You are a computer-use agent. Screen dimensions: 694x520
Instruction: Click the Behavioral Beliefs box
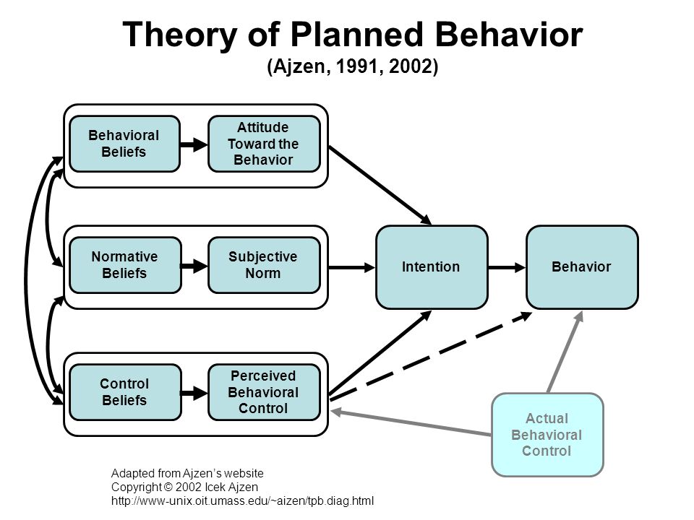point(124,144)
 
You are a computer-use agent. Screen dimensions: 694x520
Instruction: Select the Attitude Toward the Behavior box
point(264,144)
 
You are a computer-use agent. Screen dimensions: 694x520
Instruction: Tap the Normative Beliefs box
point(125,265)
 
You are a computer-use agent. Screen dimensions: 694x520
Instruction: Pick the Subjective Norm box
point(264,265)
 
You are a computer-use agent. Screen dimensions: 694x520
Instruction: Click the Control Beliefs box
point(125,391)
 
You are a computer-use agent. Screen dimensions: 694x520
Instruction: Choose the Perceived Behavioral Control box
point(264,391)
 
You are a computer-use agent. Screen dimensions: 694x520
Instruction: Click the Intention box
point(432,267)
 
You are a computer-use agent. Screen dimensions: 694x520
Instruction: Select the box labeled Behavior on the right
point(582,267)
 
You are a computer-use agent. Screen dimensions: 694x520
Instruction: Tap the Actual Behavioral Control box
point(547,435)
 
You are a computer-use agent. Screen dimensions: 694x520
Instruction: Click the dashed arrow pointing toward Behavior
point(431,356)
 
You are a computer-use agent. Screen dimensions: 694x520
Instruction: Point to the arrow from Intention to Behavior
point(507,267)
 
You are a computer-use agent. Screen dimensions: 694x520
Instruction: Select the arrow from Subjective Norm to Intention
point(351,267)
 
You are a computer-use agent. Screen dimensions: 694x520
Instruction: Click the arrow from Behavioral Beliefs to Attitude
point(194,144)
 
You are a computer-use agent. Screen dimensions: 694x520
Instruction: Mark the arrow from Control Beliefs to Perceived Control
point(194,392)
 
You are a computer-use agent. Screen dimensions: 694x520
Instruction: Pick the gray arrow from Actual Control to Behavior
point(565,352)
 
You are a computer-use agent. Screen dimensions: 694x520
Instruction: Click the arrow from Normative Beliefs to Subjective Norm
point(194,266)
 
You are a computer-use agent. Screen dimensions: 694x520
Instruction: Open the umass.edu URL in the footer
point(243,501)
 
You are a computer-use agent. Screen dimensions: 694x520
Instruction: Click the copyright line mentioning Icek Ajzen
point(184,487)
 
